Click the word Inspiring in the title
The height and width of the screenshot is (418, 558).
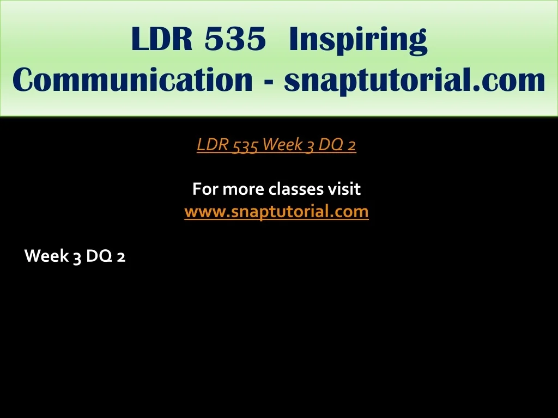pyautogui.click(x=358, y=40)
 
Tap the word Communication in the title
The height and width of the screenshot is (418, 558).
pyautogui.click(x=132, y=79)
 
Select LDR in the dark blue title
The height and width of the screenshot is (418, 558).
pyautogui.click(x=162, y=39)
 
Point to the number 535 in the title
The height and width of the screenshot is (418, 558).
pyautogui.click(x=235, y=39)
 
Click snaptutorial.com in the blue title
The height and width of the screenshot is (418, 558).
pyautogui.click(x=415, y=81)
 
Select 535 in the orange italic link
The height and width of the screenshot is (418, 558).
pyautogui.click(x=245, y=145)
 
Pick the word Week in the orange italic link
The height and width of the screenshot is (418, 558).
pyautogui.click(x=283, y=144)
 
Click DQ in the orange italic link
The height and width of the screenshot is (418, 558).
pyautogui.click(x=331, y=145)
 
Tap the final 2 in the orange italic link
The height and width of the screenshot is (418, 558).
pyautogui.click(x=351, y=145)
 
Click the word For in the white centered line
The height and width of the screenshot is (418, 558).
pyautogui.click(x=205, y=189)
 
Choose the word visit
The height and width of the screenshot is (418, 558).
pyautogui.click(x=344, y=189)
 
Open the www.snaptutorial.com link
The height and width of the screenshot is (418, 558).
pyautogui.click(x=276, y=212)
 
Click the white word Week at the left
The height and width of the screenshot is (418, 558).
pyautogui.click(x=46, y=256)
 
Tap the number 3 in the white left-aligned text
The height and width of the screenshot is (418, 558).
pyautogui.click(x=77, y=257)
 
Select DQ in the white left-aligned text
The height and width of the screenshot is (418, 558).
pyautogui.click(x=99, y=256)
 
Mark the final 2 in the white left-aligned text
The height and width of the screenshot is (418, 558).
pyautogui.click(x=121, y=257)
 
